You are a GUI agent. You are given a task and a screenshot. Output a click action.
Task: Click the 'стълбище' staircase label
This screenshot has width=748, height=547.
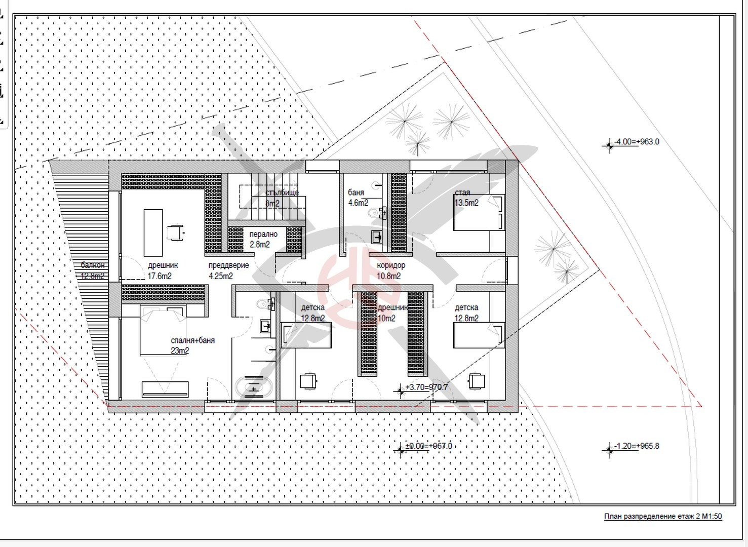click(x=282, y=192)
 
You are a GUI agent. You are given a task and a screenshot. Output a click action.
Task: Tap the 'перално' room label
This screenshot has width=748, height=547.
click(x=263, y=235)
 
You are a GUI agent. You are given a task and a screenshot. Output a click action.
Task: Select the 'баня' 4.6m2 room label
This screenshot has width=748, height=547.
click(x=356, y=192)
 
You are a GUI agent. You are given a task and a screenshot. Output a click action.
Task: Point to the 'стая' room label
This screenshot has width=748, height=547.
click(x=462, y=192)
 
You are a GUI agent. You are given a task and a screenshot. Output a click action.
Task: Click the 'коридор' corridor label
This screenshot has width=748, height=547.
click(x=391, y=265)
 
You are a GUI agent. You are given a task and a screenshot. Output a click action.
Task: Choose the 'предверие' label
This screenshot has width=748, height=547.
click(x=228, y=265)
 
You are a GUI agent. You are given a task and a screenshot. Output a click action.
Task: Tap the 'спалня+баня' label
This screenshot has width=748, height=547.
click(x=192, y=340)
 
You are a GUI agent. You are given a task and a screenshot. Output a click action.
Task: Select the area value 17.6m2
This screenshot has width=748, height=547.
click(x=160, y=276)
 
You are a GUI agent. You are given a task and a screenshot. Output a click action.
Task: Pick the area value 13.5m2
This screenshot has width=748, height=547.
click(x=466, y=203)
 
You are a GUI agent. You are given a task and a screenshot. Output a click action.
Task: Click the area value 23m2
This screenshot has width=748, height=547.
click(x=180, y=350)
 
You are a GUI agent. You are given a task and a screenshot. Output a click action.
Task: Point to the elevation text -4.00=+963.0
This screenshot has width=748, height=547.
click(x=637, y=142)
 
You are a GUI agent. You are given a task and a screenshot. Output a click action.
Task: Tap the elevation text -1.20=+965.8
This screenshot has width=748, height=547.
click(x=637, y=446)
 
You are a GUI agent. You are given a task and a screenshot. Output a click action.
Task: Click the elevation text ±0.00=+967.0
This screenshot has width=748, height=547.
click(x=428, y=446)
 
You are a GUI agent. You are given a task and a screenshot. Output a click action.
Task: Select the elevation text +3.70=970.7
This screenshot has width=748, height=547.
click(x=426, y=387)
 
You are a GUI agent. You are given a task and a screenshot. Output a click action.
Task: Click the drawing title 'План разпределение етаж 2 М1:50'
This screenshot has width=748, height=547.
click(x=663, y=517)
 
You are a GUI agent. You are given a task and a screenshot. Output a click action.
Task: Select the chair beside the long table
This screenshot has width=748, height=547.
click(x=174, y=232)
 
